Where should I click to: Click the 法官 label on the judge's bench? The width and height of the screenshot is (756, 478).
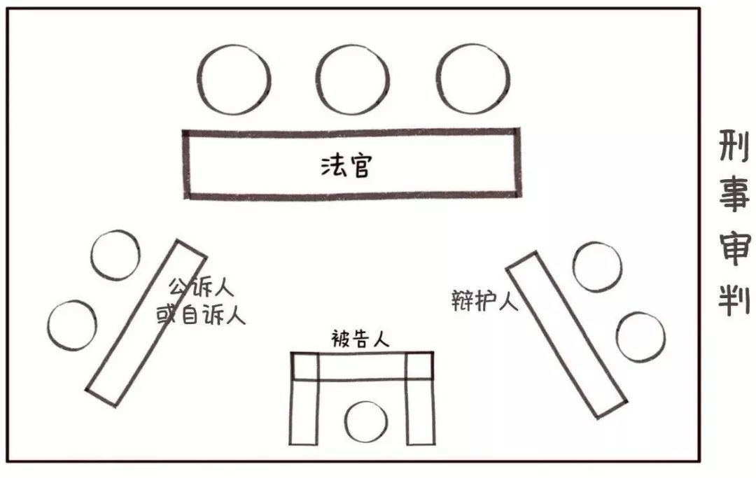(x=346, y=166)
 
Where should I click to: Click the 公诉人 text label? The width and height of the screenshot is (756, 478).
(x=201, y=288)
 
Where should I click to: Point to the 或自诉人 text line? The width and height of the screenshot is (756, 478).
(x=201, y=315)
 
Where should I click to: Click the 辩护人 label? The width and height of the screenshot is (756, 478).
(x=484, y=301)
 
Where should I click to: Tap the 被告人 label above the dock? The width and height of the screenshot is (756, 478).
(x=360, y=339)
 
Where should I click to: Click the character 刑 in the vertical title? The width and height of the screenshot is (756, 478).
(x=734, y=146)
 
